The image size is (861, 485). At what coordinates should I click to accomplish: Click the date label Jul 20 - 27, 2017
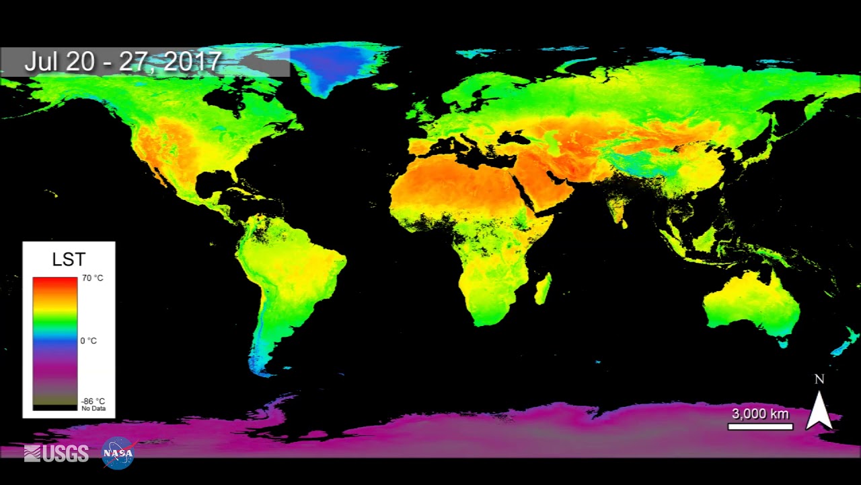click(123, 62)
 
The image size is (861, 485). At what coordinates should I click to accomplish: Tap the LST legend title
click(69, 259)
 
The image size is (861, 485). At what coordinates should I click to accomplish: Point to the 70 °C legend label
click(93, 278)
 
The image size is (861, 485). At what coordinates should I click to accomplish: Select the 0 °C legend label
click(89, 341)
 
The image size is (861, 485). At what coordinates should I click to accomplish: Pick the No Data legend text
click(93, 409)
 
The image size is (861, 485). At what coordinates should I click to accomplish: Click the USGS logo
click(57, 454)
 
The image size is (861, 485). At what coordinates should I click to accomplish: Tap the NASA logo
click(118, 453)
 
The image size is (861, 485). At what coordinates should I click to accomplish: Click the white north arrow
click(819, 410)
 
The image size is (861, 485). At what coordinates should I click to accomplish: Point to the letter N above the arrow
click(819, 379)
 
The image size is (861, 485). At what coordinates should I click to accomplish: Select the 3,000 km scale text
click(760, 414)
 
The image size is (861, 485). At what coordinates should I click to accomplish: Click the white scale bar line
click(760, 426)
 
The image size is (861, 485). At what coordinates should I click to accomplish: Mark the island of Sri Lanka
click(625, 224)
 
